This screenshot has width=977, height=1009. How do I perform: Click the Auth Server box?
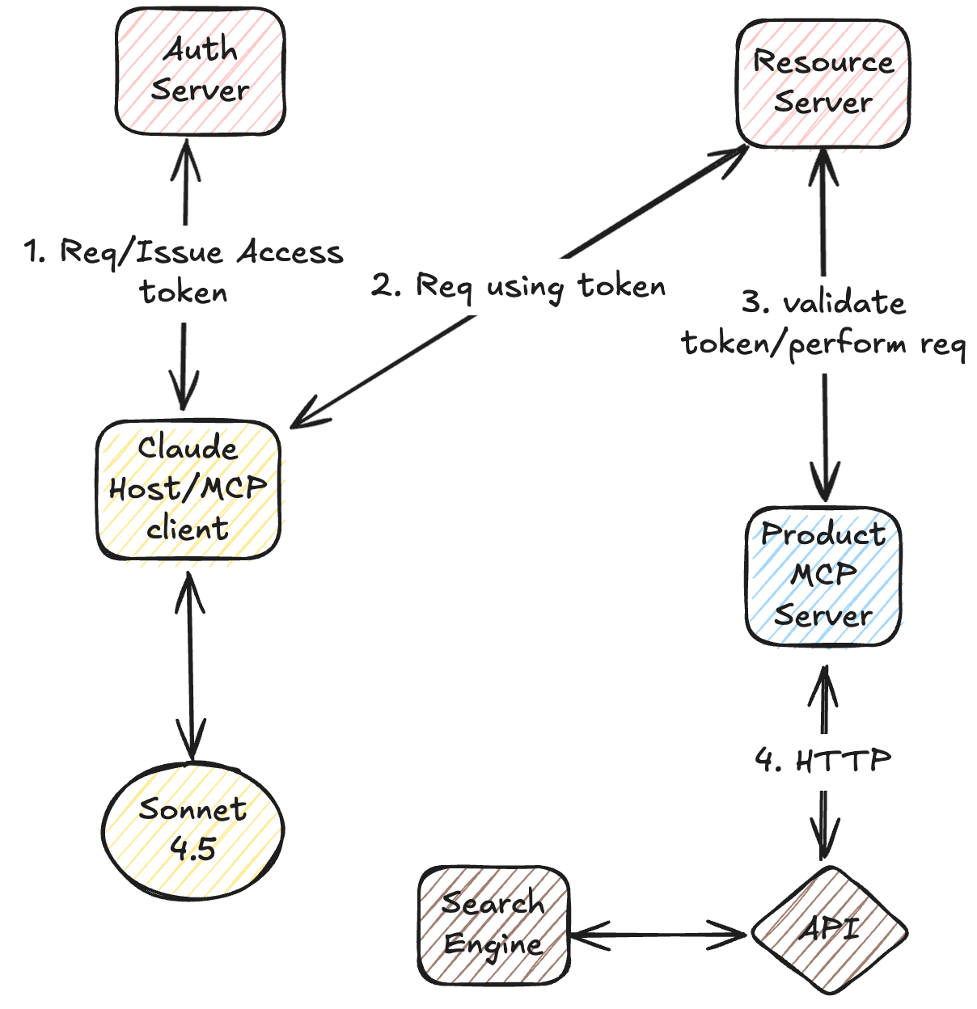click(200, 71)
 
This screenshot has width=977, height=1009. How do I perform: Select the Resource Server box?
click(823, 82)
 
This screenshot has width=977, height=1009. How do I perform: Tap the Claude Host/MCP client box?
click(188, 489)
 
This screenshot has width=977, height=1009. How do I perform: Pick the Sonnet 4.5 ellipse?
click(192, 830)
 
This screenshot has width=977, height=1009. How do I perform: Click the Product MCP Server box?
click(823, 576)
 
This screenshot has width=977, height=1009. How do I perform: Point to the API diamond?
click(829, 931)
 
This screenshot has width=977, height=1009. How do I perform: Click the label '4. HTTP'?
click(823, 760)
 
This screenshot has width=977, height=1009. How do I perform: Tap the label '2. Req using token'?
click(518, 286)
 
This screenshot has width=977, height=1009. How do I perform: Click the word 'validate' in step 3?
click(844, 302)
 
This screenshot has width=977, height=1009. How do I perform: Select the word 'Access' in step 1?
click(290, 252)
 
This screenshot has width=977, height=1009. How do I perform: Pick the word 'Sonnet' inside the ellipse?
click(192, 808)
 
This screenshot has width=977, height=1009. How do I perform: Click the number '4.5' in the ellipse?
click(192, 848)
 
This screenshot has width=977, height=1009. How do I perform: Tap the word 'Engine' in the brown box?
click(493, 944)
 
